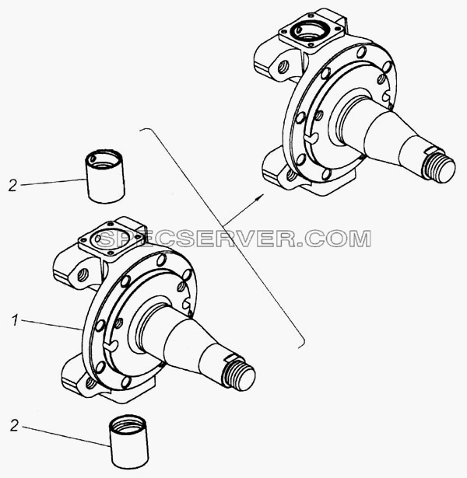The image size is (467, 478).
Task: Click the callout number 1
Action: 15,321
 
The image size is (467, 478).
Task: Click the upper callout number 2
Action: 12,186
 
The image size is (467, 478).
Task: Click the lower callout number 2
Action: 14,426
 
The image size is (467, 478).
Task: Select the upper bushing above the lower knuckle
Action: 105,176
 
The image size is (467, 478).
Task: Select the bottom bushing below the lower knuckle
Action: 128,441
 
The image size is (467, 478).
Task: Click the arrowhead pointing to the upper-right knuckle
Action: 259,197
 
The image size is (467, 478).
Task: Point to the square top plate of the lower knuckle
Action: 111,241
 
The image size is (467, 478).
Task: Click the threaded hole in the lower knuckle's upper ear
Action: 83,275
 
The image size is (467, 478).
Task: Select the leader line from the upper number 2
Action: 52,183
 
